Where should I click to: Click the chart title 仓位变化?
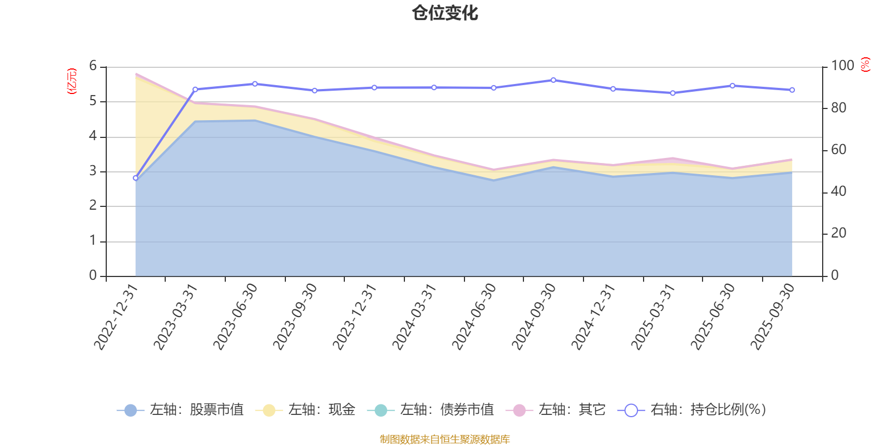pyautogui.click(x=444, y=13)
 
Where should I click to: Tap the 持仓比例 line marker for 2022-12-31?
pyautogui.click(x=135, y=178)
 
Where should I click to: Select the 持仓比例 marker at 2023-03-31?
pyautogui.click(x=195, y=89)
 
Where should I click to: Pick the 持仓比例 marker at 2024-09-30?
pyautogui.click(x=553, y=80)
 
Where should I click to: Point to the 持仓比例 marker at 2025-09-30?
pyautogui.click(x=792, y=90)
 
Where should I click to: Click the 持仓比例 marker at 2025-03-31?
pyautogui.click(x=673, y=93)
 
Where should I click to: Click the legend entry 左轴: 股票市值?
pyautogui.click(x=180, y=410)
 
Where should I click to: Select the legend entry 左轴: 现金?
pyautogui.click(x=305, y=410)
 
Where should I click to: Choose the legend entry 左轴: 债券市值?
pyautogui.click(x=431, y=410)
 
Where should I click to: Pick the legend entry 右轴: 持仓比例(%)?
pyautogui.click(x=692, y=410)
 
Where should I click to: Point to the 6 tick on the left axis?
pyautogui.click(x=93, y=66)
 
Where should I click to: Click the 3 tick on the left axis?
pyautogui.click(x=93, y=171)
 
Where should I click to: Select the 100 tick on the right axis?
pyautogui.click(x=842, y=66)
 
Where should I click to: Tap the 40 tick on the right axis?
pyautogui.click(x=838, y=191)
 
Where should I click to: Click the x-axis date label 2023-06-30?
pyautogui.click(x=236, y=316)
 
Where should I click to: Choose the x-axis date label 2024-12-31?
pyautogui.click(x=594, y=316)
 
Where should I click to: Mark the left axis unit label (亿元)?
pyautogui.click(x=72, y=81)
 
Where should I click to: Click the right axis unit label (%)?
pyautogui.click(x=865, y=65)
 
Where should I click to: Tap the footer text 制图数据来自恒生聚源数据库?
pyautogui.click(x=444, y=439)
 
